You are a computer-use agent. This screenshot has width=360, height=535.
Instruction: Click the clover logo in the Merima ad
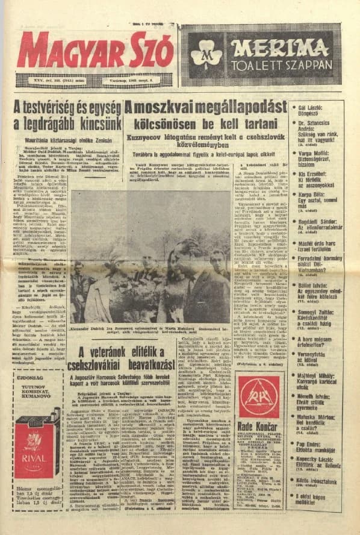pyautogui.click(x=206, y=54)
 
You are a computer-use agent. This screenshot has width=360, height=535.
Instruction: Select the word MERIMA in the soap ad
pyautogui.click(x=280, y=47)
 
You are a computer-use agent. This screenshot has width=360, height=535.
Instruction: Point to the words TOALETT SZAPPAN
pyautogui.click(x=280, y=64)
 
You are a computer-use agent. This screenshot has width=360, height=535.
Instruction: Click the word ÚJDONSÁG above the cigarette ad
pyautogui.click(x=29, y=378)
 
